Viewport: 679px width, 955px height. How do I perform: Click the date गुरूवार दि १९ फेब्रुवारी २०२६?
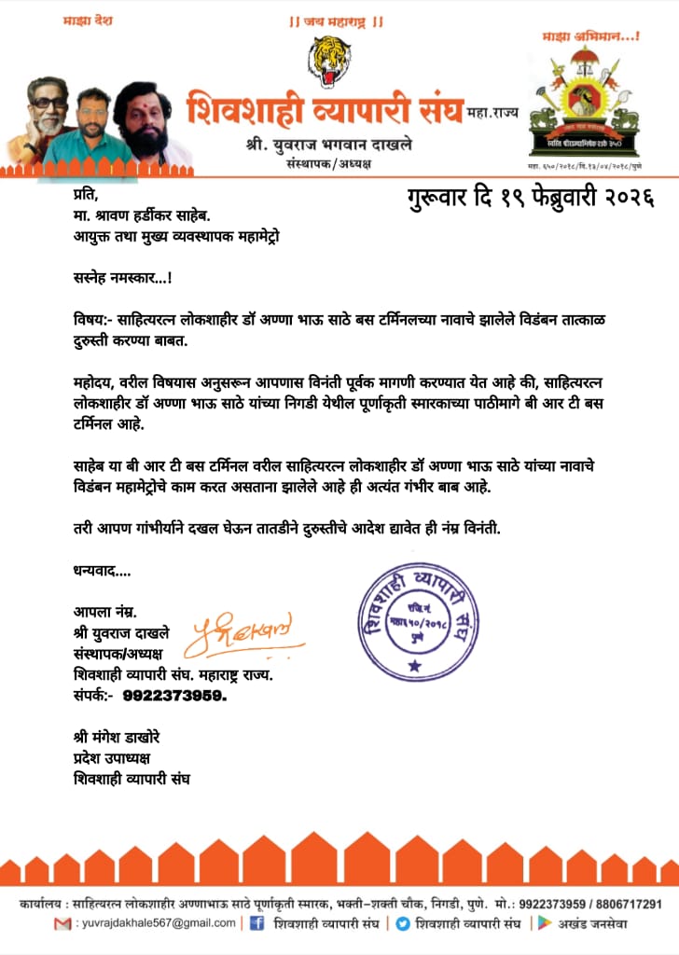tap(530, 198)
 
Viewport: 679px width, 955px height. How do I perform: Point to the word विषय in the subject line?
tap(91, 318)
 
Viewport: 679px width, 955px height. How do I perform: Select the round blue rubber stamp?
tap(414, 619)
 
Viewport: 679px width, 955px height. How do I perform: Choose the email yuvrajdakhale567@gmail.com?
tap(156, 923)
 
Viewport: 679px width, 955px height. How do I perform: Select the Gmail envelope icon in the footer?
tap(62, 923)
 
